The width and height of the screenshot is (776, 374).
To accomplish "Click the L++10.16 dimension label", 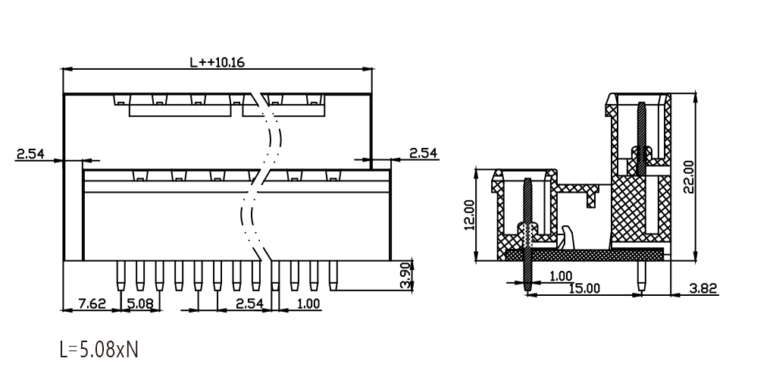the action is coord(217,62).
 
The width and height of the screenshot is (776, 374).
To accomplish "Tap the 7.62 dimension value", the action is coord(92,303).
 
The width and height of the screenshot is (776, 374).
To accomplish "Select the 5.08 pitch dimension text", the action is coord(140,303).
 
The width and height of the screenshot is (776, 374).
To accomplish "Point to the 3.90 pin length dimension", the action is coord(406,275).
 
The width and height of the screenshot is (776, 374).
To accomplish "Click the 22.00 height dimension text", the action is coord(688,177).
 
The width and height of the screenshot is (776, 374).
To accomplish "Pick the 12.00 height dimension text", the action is coord(469,215).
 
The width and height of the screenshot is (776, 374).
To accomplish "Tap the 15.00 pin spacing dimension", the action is coord(584,288).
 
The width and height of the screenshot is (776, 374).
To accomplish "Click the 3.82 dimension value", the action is coord(703,288).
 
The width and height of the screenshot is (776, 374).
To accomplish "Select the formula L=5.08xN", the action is coord(99,349).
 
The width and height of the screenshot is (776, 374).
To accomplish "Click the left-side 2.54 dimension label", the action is coord(30,153).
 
